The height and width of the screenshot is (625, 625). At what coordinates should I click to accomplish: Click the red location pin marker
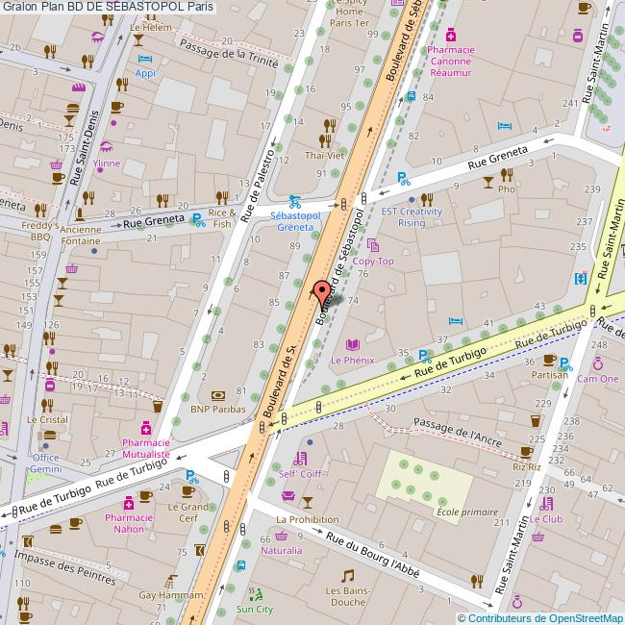[322, 291]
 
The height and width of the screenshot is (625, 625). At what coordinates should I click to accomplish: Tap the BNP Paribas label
[219, 408]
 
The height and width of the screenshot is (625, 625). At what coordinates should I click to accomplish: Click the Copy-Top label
[373, 261]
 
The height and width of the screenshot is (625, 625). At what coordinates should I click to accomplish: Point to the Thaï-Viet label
[324, 154]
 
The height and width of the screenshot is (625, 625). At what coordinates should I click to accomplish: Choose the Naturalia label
[281, 551]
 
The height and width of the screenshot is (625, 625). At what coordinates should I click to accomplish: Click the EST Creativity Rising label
[411, 216]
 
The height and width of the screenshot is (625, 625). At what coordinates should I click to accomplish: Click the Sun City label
[255, 609]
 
